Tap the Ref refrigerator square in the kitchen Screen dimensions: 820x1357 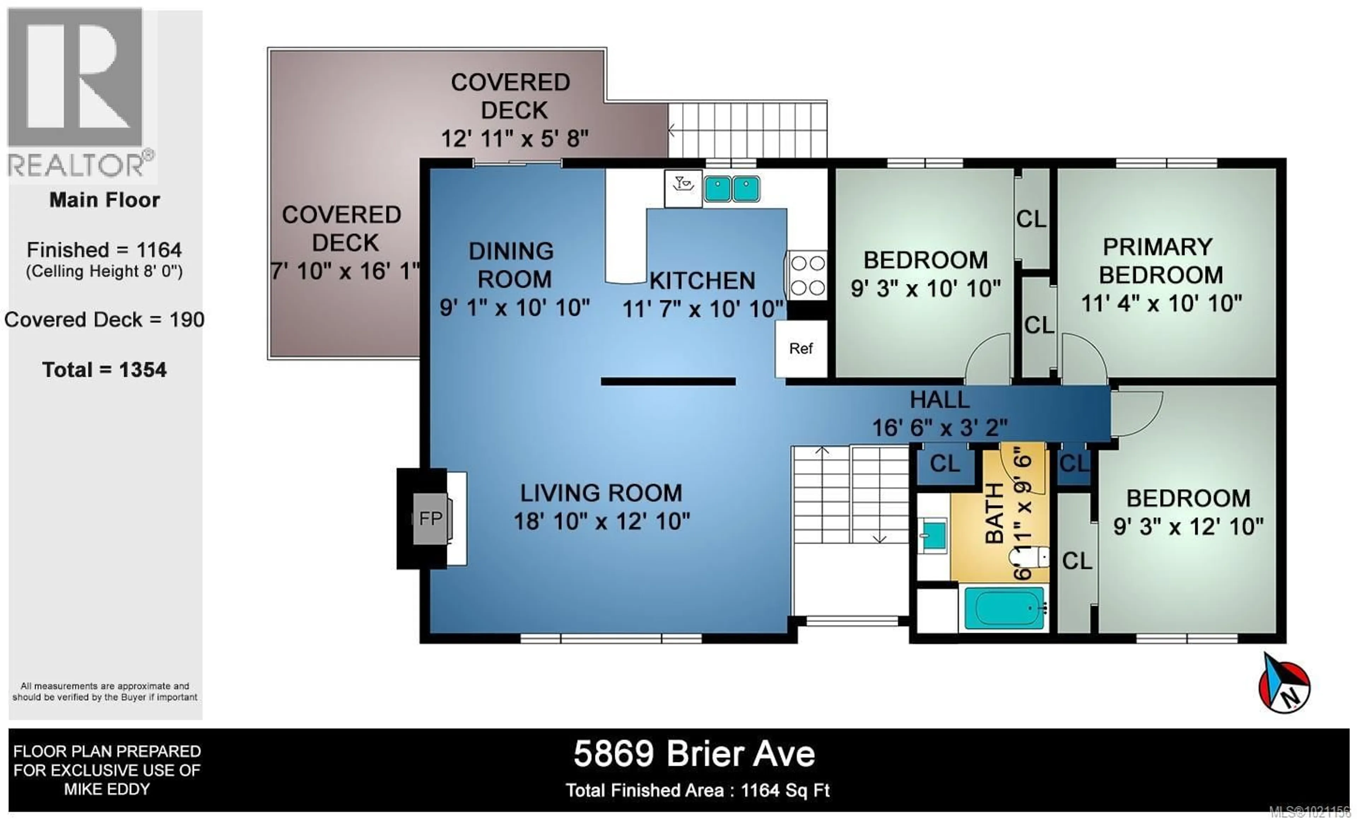801,348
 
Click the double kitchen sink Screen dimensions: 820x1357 732,189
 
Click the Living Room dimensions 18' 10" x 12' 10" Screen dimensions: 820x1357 601,521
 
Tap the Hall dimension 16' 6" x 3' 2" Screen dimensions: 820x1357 940,427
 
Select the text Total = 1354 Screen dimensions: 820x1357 104,369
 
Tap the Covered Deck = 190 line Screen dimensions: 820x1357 104,320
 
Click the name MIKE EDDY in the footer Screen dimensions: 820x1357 106,789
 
